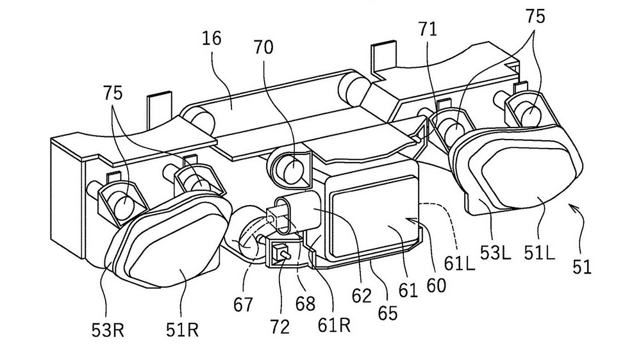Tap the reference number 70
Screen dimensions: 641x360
pyautogui.click(x=263, y=47)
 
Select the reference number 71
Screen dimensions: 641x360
pyautogui.click(x=428, y=29)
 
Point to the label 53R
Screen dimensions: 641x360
pyautogui.click(x=108, y=331)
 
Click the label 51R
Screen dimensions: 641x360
pyautogui.click(x=182, y=330)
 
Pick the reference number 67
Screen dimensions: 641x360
pyautogui.click(x=244, y=304)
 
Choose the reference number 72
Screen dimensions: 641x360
pyautogui.click(x=279, y=327)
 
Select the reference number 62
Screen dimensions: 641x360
pyautogui.click(x=362, y=295)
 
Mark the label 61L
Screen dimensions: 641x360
pyautogui.click(x=460, y=264)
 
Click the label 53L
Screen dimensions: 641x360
pyautogui.click(x=495, y=254)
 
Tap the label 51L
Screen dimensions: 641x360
pyautogui.click(x=540, y=254)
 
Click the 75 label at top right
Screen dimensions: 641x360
pyautogui.click(x=535, y=17)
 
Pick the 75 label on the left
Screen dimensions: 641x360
pyautogui.click(x=113, y=93)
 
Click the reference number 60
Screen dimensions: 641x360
pyautogui.click(x=436, y=286)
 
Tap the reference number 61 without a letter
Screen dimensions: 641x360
pyautogui.click(x=409, y=291)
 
